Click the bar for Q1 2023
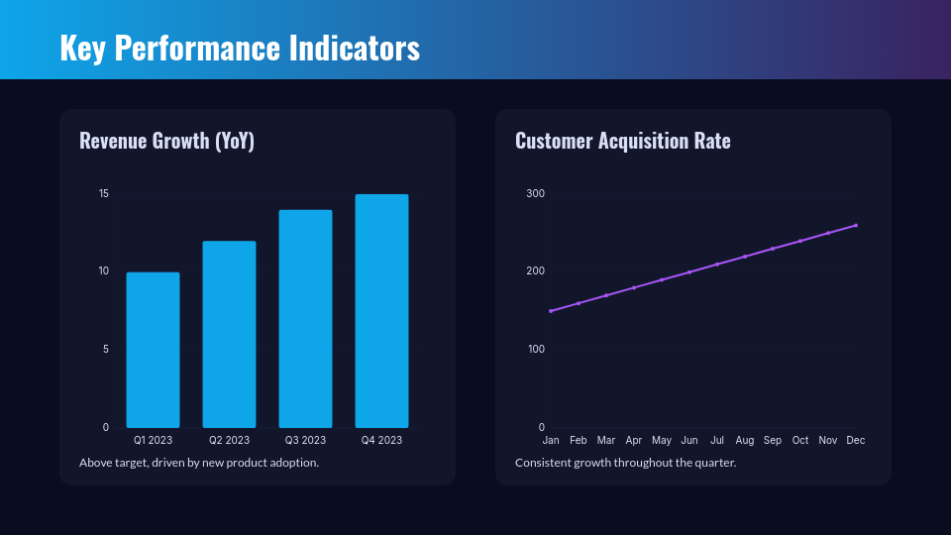(153, 350)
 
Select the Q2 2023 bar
(229, 334)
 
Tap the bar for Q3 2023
(305, 318)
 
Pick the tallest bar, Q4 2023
(381, 311)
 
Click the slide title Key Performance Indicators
(240, 48)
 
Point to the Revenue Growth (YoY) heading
(166, 141)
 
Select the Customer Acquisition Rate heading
(622, 141)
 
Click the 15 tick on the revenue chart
(104, 193)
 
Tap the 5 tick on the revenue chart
(106, 349)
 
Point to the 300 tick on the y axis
(535, 193)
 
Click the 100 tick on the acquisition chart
(535, 349)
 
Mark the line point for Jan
(551, 311)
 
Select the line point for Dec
(856, 225)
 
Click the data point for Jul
(717, 265)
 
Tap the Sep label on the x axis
(773, 440)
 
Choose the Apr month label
(634, 440)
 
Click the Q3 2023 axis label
(305, 440)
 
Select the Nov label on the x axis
(828, 440)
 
